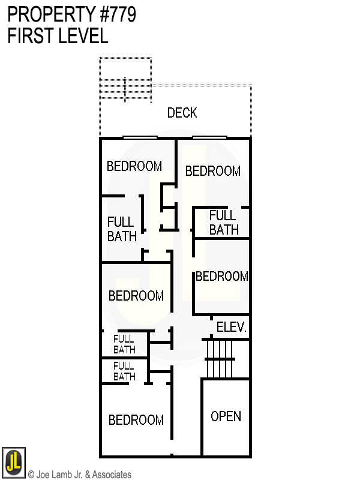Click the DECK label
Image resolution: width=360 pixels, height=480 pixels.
[182, 113]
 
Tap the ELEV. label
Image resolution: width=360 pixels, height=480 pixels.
[231, 328]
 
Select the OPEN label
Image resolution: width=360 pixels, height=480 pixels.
[226, 416]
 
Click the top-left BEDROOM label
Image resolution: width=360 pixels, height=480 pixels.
[134, 166]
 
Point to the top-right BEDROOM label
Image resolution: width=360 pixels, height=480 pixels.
[212, 171]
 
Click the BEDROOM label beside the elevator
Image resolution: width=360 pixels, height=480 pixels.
[221, 276]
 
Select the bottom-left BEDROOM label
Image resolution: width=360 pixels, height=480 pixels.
[136, 420]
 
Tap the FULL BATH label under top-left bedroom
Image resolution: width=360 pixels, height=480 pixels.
[122, 229]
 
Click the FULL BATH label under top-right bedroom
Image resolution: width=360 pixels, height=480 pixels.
[224, 222]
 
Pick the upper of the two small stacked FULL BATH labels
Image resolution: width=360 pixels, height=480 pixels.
[124, 344]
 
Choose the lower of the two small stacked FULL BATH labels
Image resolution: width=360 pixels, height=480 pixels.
[124, 371]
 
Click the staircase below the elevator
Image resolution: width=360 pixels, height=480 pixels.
[219, 358]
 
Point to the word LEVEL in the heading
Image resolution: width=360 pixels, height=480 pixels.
[81, 36]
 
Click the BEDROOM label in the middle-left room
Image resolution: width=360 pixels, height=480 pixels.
[136, 296]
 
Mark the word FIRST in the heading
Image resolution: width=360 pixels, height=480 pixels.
[28, 36]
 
